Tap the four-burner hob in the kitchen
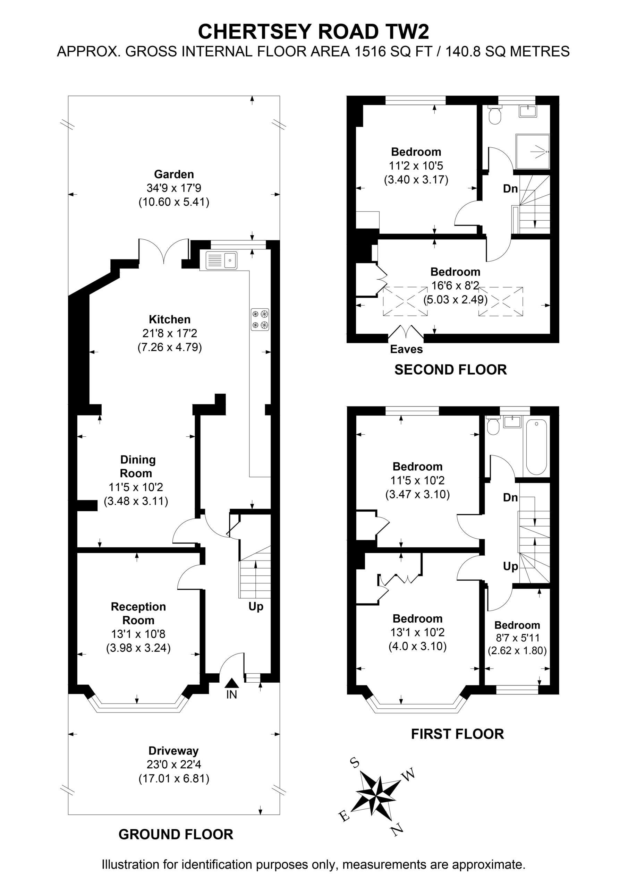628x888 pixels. coord(260,319)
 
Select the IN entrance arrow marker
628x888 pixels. coord(232,683)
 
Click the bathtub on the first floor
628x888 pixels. coord(536,447)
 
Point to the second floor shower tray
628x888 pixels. coord(533,152)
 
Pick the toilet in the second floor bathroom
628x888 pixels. coord(494,114)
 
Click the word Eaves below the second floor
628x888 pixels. coord(406,349)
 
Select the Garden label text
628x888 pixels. coord(174,174)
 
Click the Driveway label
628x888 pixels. coord(173,751)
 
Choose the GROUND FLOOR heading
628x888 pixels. coord(176,834)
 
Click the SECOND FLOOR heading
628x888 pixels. coord(450,370)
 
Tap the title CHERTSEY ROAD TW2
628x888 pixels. coord(313,32)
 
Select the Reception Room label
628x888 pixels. coord(138,613)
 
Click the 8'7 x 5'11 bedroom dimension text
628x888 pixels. coord(517,638)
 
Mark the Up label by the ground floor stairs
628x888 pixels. coord(256,606)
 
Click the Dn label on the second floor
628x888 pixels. coord(510,189)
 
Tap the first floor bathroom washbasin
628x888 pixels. coord(513,421)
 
